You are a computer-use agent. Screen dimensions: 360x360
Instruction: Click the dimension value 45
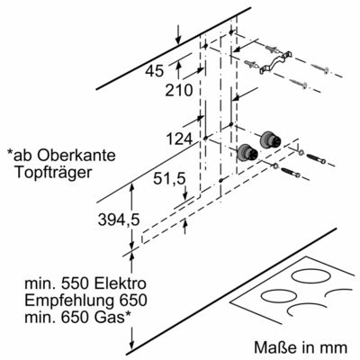pos(155,71)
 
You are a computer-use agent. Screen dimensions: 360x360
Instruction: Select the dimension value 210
pos(178,90)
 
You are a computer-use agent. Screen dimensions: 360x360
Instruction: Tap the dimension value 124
pos(179,139)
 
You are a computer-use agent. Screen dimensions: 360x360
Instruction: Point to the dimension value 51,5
pos(169,179)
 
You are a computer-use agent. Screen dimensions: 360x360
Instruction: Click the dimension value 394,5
pos(119,220)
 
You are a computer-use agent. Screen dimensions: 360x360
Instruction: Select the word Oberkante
pos(76,155)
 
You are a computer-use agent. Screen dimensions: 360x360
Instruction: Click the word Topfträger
pos(53,173)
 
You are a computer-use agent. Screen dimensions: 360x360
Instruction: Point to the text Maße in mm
pos(301,347)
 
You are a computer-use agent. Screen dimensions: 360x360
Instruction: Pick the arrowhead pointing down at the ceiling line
pos(178,40)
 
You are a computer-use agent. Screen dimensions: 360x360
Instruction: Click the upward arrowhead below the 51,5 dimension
pos(185,223)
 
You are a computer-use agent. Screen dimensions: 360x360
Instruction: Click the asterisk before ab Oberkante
pos(11,153)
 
